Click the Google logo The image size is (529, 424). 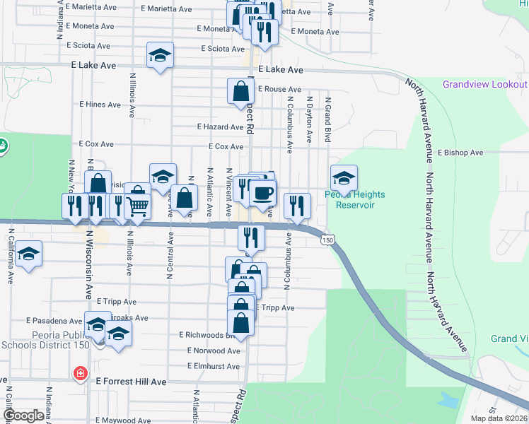click(x=23, y=416)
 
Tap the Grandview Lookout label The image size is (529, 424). click(x=484, y=84)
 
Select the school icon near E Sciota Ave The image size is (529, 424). click(x=161, y=54)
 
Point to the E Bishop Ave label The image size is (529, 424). click(x=460, y=153)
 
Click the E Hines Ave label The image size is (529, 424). click(x=100, y=105)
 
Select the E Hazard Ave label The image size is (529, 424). click(x=220, y=127)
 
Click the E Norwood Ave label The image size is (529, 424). click(x=214, y=351)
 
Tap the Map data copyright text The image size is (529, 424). click(x=499, y=418)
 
